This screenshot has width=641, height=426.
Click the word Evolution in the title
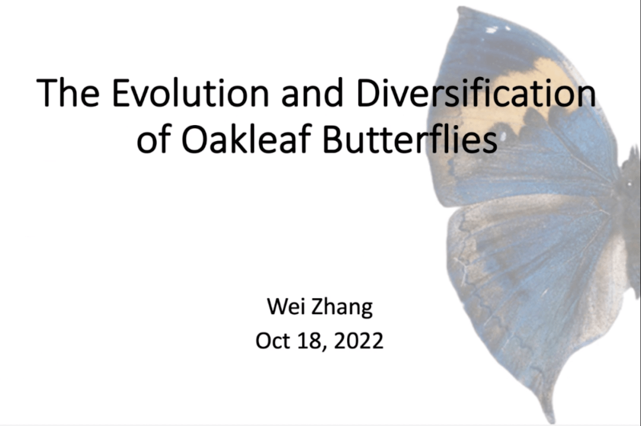pos(190,93)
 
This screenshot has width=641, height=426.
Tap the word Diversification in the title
pos(476,93)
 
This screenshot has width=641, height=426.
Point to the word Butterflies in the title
pos(410,139)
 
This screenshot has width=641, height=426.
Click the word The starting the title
pos(68,93)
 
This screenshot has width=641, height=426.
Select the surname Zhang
pos(342,307)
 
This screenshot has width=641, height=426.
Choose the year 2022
pos(358,341)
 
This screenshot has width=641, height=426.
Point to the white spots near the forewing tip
pos(496,28)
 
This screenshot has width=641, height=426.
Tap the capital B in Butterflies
pos(333,139)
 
